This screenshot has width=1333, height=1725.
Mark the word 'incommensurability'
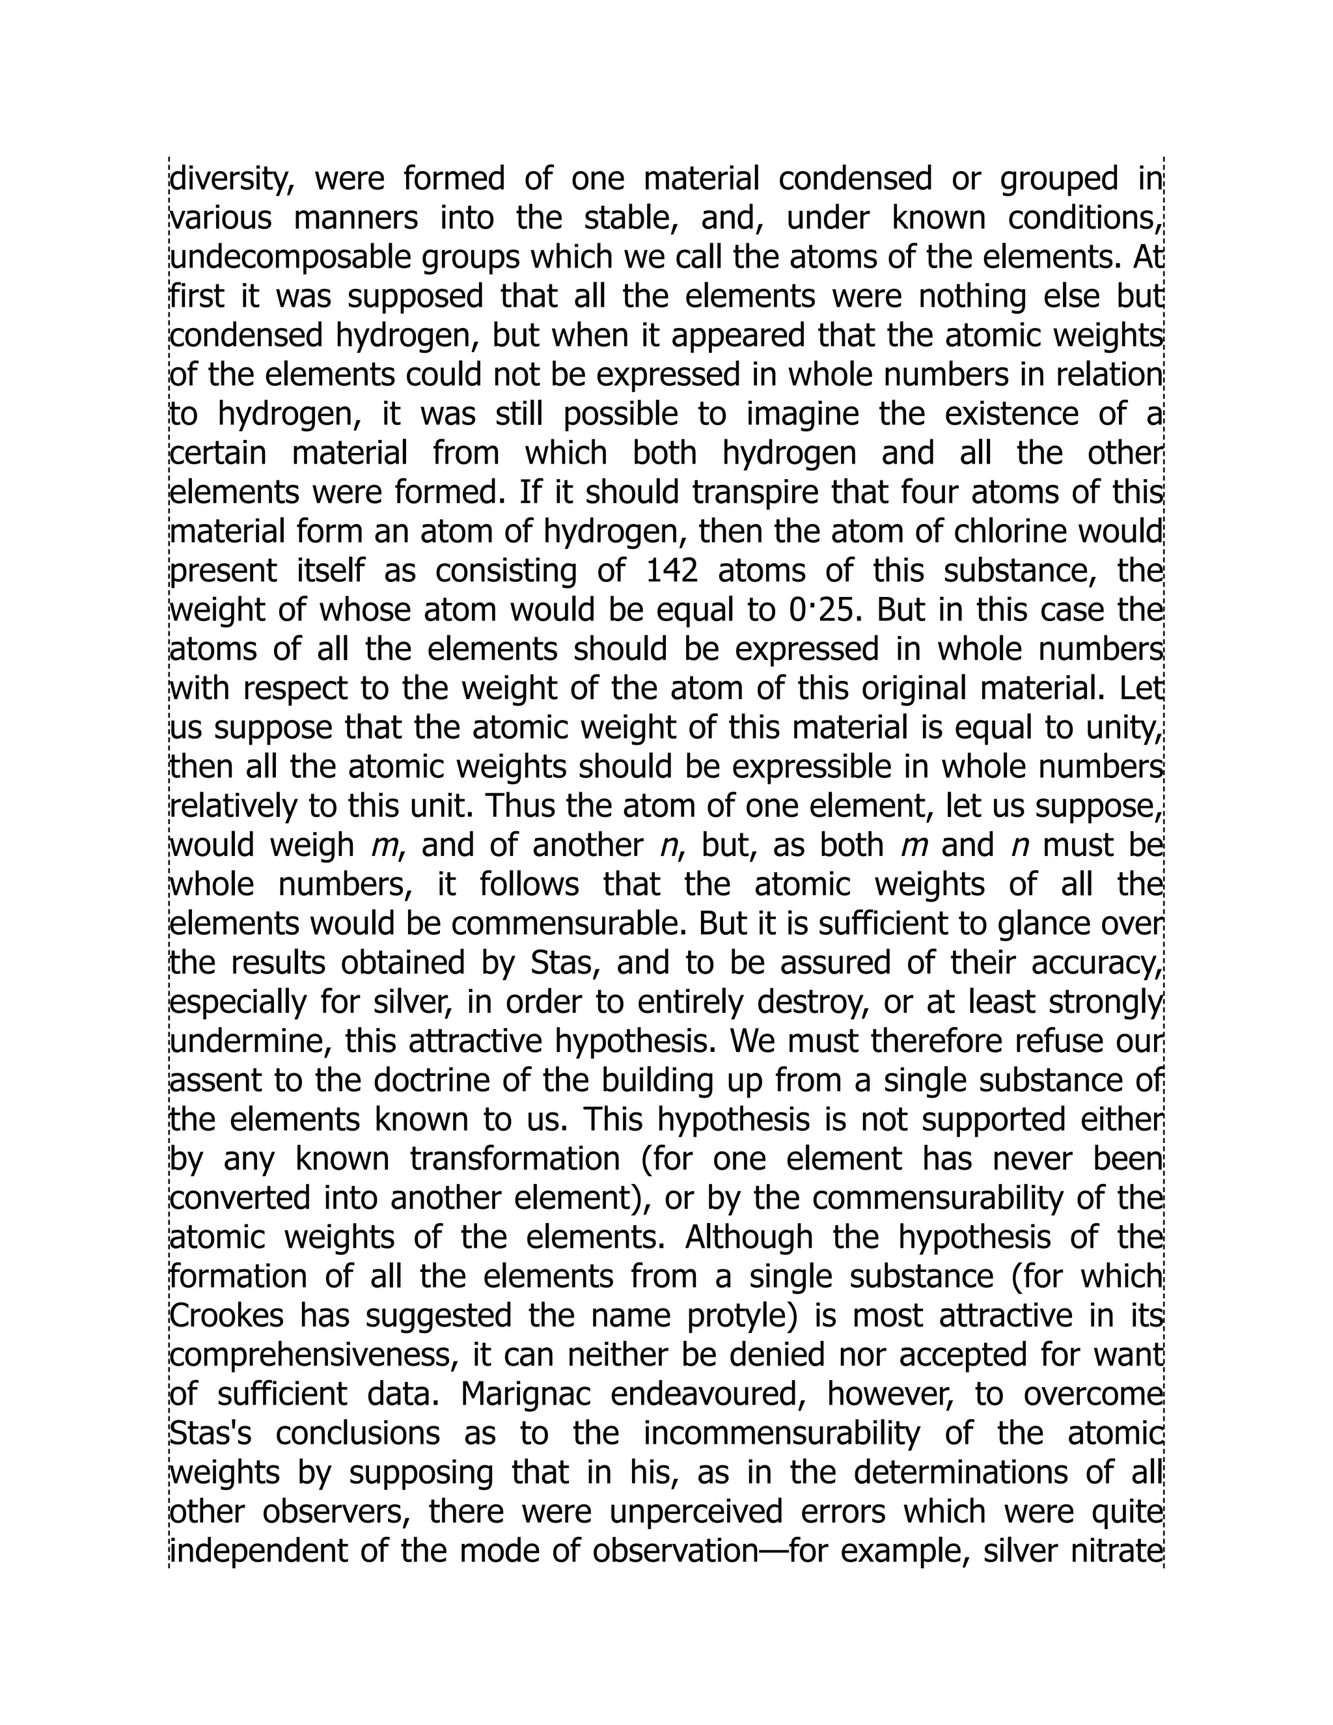782,1433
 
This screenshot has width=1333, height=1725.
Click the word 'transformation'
515,1159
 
